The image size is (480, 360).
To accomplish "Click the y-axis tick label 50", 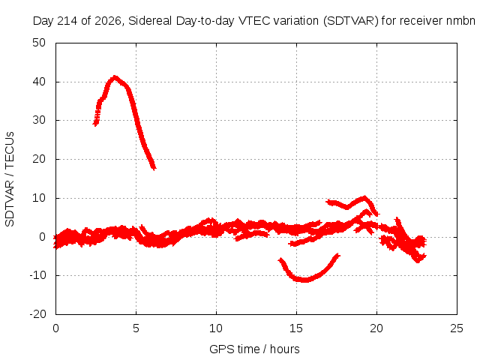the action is pos(39,43).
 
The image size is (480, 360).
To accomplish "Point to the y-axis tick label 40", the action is pos(39,82).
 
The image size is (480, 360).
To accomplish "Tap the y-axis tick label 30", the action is pos(39,120).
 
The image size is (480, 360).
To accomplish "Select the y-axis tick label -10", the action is pos(37,275).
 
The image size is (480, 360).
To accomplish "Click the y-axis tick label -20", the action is pos(37,314).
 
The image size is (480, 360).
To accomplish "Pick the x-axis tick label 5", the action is pos(136,328).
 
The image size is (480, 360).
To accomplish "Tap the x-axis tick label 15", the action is pos(296,328).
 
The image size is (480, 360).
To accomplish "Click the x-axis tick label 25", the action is pos(457,328).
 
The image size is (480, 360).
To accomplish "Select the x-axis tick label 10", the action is pos(216,328).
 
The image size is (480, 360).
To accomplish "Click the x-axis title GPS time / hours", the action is pos(254,349).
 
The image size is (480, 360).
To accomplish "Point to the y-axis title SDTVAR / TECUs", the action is pos(10,179).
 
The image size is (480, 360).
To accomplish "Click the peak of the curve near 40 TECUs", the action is pos(115,76).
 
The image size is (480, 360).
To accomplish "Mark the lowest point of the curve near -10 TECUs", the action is pos(304,280).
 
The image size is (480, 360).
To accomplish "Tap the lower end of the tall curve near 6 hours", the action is pos(154,168).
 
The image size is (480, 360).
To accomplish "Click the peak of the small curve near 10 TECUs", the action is pos(364,197).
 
